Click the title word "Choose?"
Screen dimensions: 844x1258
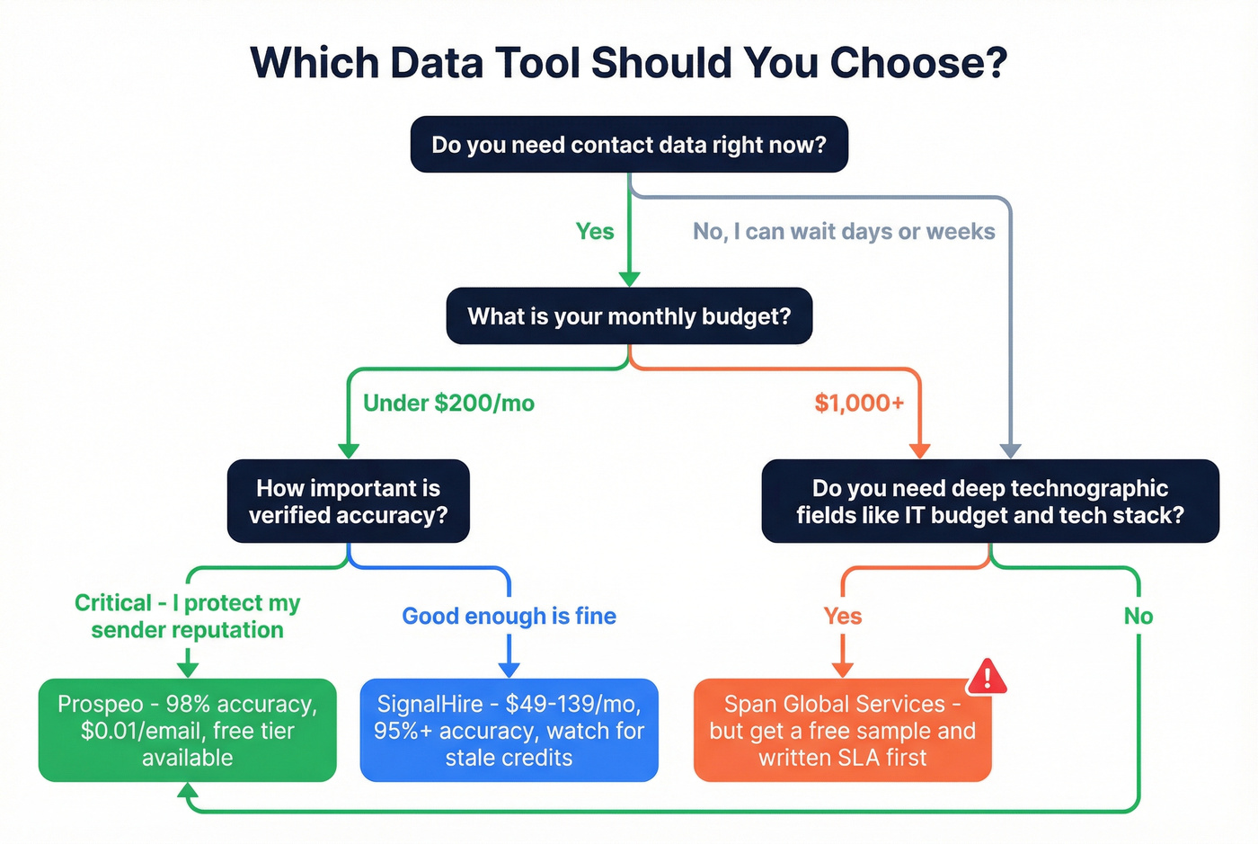[x=918, y=63]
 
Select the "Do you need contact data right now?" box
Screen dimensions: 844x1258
[x=629, y=145]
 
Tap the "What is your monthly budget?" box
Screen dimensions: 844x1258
[x=629, y=316]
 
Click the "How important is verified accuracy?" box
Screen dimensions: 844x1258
[x=349, y=502]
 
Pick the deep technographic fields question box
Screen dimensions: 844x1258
[x=990, y=502]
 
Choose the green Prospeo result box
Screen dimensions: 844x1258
[x=188, y=730]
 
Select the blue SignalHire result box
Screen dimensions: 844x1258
[x=509, y=730]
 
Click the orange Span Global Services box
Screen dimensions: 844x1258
[x=842, y=730]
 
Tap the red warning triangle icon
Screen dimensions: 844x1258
[x=988, y=677]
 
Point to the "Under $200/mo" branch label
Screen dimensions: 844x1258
[x=448, y=404]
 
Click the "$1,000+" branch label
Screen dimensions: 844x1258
[x=859, y=404]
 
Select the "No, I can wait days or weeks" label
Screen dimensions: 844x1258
[x=844, y=232]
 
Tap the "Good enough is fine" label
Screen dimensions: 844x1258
[x=509, y=617]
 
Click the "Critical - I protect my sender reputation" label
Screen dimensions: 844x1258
[x=188, y=617]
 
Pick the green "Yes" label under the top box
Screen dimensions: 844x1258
[x=595, y=232]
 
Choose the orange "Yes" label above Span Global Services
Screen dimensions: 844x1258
[x=843, y=617]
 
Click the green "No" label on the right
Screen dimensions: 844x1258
[x=1138, y=617]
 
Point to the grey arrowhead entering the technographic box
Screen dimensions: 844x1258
[x=1011, y=450]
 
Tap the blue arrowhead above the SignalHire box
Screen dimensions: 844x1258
[x=509, y=670]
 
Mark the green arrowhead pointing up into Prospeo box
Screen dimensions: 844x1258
[x=188, y=791]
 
